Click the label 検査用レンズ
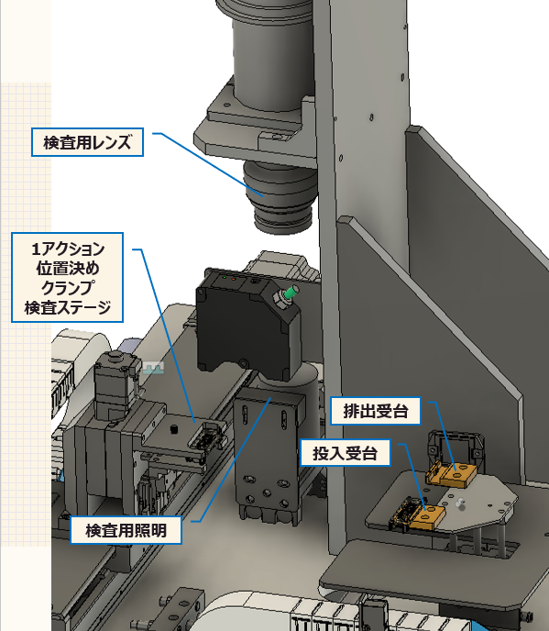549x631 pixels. click(x=87, y=142)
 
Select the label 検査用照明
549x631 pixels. click(x=126, y=530)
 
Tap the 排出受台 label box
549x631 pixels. click(x=375, y=411)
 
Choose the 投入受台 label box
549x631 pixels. click(x=346, y=453)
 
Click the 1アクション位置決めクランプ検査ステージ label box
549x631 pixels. click(x=67, y=277)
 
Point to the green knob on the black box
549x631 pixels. click(x=291, y=293)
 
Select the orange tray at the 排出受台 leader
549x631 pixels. click(x=452, y=475)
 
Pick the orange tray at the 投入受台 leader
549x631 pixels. click(x=428, y=516)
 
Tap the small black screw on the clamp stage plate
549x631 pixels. click(x=174, y=429)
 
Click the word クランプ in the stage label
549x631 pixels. click(x=67, y=288)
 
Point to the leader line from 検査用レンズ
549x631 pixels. click(x=208, y=164)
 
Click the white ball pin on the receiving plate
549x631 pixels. click(x=460, y=503)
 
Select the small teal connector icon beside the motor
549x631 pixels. click(x=153, y=368)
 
